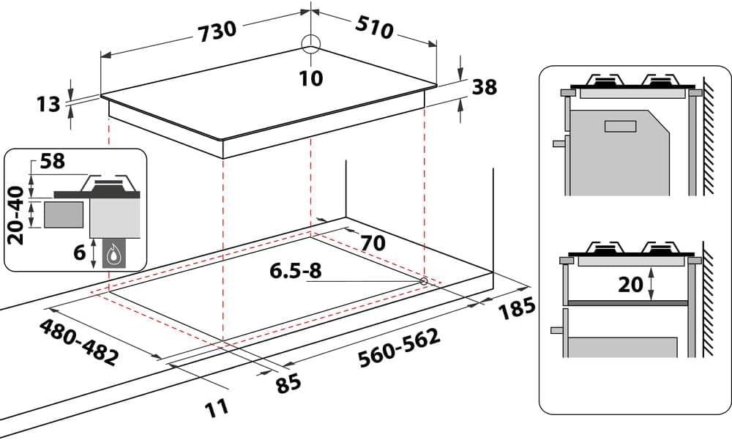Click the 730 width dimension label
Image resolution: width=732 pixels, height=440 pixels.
[x=217, y=31]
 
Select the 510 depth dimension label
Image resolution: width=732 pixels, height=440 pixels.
[x=374, y=28]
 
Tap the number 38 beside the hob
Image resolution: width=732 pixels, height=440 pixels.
[x=485, y=87]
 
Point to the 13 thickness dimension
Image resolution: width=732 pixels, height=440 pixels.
[x=48, y=104]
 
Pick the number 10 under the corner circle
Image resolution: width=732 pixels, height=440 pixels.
[x=311, y=78]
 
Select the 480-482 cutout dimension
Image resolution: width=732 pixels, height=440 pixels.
[x=78, y=342]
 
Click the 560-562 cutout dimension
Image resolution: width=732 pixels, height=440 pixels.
[x=399, y=348]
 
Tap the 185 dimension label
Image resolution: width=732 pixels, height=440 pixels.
[x=516, y=309]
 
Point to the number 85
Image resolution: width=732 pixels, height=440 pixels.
[x=288, y=384]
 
